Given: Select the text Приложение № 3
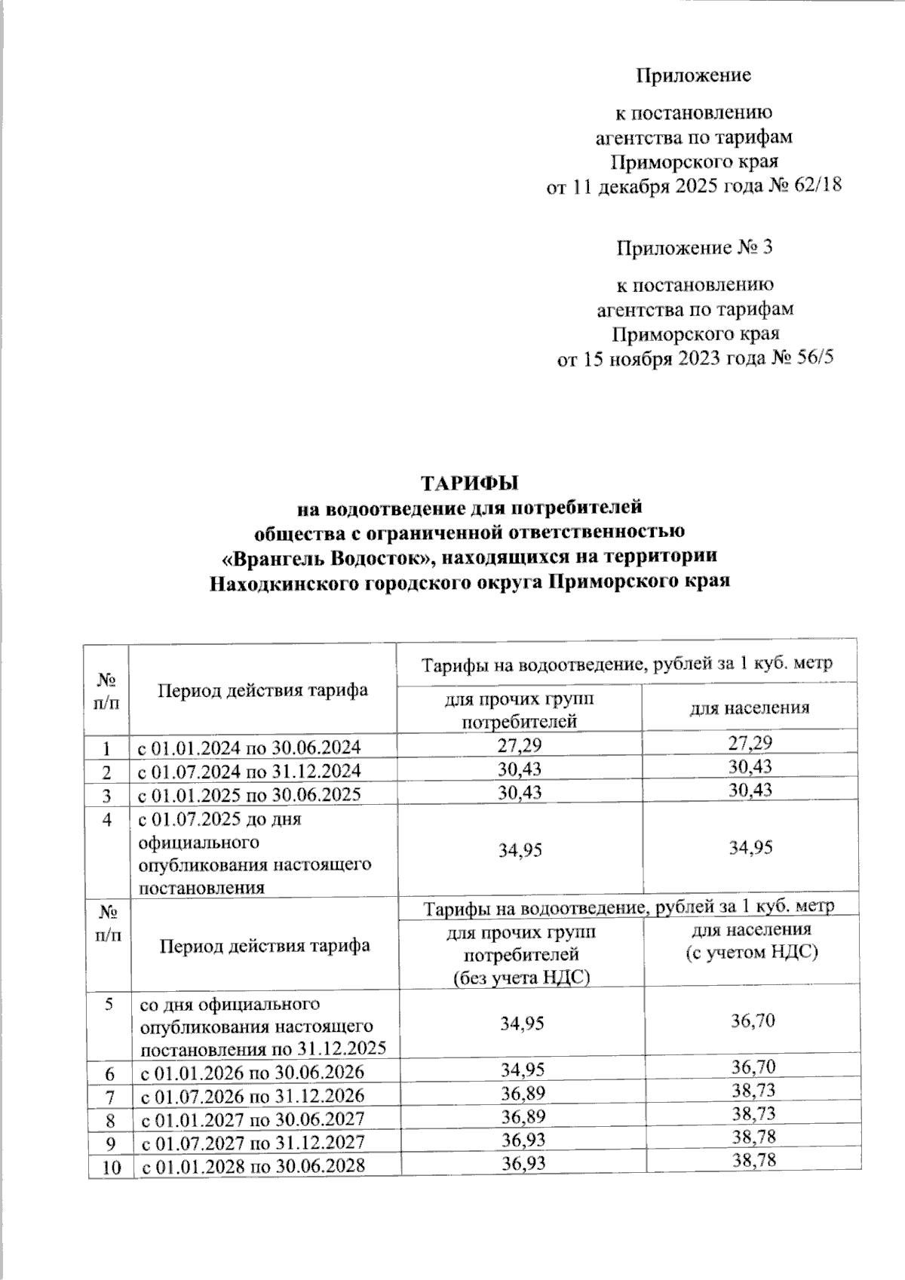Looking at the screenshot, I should [x=695, y=248].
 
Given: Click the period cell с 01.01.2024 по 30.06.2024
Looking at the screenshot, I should [x=248, y=747].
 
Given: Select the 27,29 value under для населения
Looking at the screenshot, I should [x=750, y=744].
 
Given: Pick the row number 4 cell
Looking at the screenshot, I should [x=108, y=819].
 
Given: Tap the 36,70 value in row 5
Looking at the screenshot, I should [x=751, y=1021].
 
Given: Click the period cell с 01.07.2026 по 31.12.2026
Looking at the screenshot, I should [x=250, y=1095].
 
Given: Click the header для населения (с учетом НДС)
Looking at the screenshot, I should [x=751, y=941].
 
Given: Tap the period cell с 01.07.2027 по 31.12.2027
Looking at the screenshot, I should [x=250, y=1142].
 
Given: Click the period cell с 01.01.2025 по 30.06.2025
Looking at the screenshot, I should [x=248, y=794].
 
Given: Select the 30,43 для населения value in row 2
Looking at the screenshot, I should [x=750, y=767].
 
